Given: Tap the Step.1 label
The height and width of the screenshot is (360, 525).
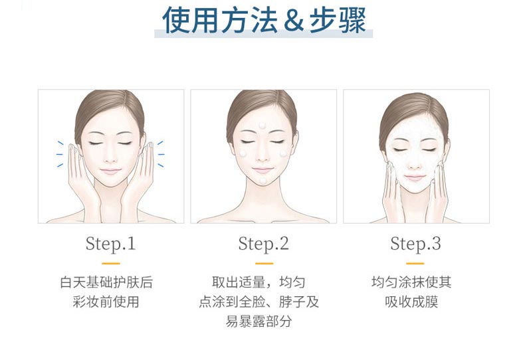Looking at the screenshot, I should pyautogui.click(x=110, y=244).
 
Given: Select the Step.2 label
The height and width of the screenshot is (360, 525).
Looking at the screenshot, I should pyautogui.click(x=263, y=244).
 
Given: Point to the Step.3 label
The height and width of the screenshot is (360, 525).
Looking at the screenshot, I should pyautogui.click(x=415, y=244).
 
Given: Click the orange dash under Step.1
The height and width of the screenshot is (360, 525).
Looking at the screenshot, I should pyautogui.click(x=110, y=263).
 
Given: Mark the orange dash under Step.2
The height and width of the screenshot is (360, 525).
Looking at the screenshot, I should pyautogui.click(x=263, y=263).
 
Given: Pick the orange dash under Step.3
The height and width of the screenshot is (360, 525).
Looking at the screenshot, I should pyautogui.click(x=416, y=263).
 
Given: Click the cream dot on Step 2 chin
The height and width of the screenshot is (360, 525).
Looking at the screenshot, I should pyautogui.click(x=264, y=180).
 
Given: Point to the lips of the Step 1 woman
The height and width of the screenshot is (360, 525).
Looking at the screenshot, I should pyautogui.click(x=110, y=171).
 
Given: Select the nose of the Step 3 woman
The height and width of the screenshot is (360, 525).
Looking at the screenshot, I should pyautogui.click(x=415, y=157).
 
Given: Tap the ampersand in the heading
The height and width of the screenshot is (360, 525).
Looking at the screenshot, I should pyautogui.click(x=292, y=21).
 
